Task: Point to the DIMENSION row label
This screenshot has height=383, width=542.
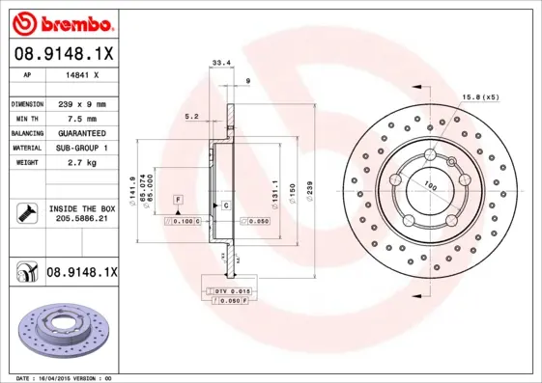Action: [x=27, y=103]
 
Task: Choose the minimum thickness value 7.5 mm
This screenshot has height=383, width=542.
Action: [x=82, y=118]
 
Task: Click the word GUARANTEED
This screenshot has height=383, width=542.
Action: [x=82, y=132]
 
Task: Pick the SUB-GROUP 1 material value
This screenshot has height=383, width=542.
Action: [x=82, y=148]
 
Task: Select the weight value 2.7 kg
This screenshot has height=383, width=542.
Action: [x=82, y=163]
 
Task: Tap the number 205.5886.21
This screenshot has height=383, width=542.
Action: [x=81, y=219]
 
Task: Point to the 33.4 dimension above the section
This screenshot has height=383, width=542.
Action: [x=219, y=64]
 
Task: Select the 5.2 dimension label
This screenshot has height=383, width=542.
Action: [x=191, y=118]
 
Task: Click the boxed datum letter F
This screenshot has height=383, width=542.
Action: [x=178, y=199]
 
